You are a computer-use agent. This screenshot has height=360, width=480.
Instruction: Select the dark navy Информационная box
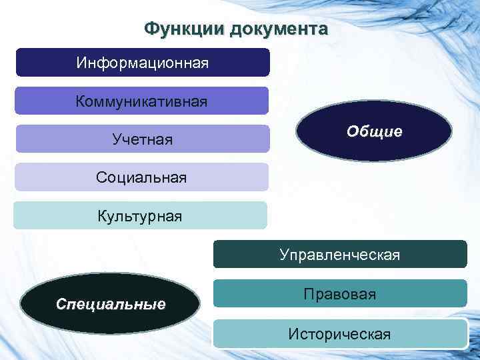[x=142, y=63]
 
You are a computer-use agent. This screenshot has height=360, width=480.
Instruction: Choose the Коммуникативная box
[x=142, y=101]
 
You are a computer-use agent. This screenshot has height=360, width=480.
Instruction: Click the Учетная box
[x=142, y=139]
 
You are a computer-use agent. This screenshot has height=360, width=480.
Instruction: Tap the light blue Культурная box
[x=140, y=216]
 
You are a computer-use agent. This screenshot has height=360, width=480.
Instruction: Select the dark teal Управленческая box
[x=340, y=254]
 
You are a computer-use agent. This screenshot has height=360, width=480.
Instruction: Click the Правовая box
[x=340, y=293]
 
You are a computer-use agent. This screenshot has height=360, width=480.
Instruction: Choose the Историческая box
[x=340, y=333]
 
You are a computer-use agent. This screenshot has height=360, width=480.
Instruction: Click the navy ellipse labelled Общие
[x=374, y=131]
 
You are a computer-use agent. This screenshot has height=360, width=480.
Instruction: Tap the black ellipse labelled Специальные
[x=111, y=305]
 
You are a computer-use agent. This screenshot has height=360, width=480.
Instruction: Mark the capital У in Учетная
[x=117, y=139]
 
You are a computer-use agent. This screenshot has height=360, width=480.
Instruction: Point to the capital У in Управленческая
[x=285, y=254]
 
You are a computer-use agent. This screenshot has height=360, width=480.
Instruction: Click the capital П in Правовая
[x=308, y=293]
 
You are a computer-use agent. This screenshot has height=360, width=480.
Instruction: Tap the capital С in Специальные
[x=61, y=305]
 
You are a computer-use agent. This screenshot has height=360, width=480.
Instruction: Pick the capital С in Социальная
[x=101, y=177]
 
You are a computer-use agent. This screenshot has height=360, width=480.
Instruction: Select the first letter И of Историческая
[x=293, y=333]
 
